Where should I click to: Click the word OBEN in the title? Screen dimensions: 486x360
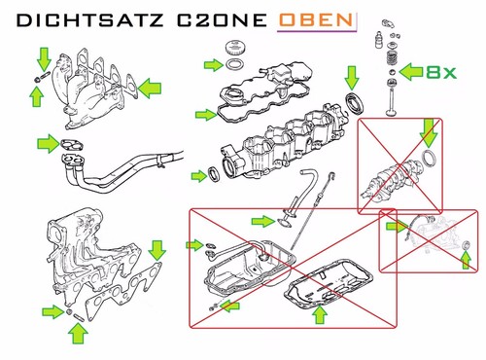click(316, 20)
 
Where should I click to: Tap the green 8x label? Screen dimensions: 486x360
click(441, 72)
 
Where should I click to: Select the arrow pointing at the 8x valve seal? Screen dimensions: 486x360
click(411, 72)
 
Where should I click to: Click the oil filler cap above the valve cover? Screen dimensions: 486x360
click(234, 48)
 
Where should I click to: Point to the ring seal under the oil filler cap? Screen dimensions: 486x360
click(234, 64)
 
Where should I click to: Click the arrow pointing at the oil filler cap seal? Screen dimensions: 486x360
click(214, 65)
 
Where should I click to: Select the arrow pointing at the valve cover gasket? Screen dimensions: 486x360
click(206, 115)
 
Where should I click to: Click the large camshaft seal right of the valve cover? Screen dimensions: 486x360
click(355, 103)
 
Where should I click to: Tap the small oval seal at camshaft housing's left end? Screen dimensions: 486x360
click(214, 174)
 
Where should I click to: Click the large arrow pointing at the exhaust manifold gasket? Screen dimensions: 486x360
click(150, 88)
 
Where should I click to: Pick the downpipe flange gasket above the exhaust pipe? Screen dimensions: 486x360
click(72, 145)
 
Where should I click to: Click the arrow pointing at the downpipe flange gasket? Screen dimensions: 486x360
click(49, 143)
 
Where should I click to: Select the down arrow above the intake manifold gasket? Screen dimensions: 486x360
click(157, 250)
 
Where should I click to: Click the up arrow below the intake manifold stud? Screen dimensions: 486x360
click(78, 333)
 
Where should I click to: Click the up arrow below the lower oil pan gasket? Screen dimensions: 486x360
click(320, 314)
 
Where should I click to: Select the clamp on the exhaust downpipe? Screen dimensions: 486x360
click(161, 161)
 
